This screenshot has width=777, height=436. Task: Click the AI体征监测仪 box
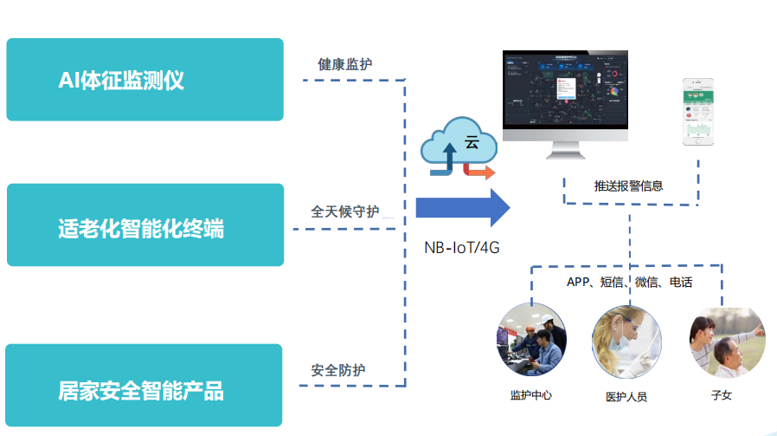coord(144,80)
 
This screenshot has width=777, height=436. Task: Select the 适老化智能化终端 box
coord(144,225)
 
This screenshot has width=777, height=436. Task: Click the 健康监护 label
coord(345,64)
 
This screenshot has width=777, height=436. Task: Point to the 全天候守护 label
coord(344,211)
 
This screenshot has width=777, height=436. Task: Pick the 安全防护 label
coord(338,370)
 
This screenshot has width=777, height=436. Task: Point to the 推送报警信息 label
coord(628,185)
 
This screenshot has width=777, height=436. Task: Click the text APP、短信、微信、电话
coord(629,282)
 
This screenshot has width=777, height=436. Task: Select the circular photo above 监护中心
coord(531,340)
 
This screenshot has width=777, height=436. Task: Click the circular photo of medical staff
coord(626,340)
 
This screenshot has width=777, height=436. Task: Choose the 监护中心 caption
coord(530,395)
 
